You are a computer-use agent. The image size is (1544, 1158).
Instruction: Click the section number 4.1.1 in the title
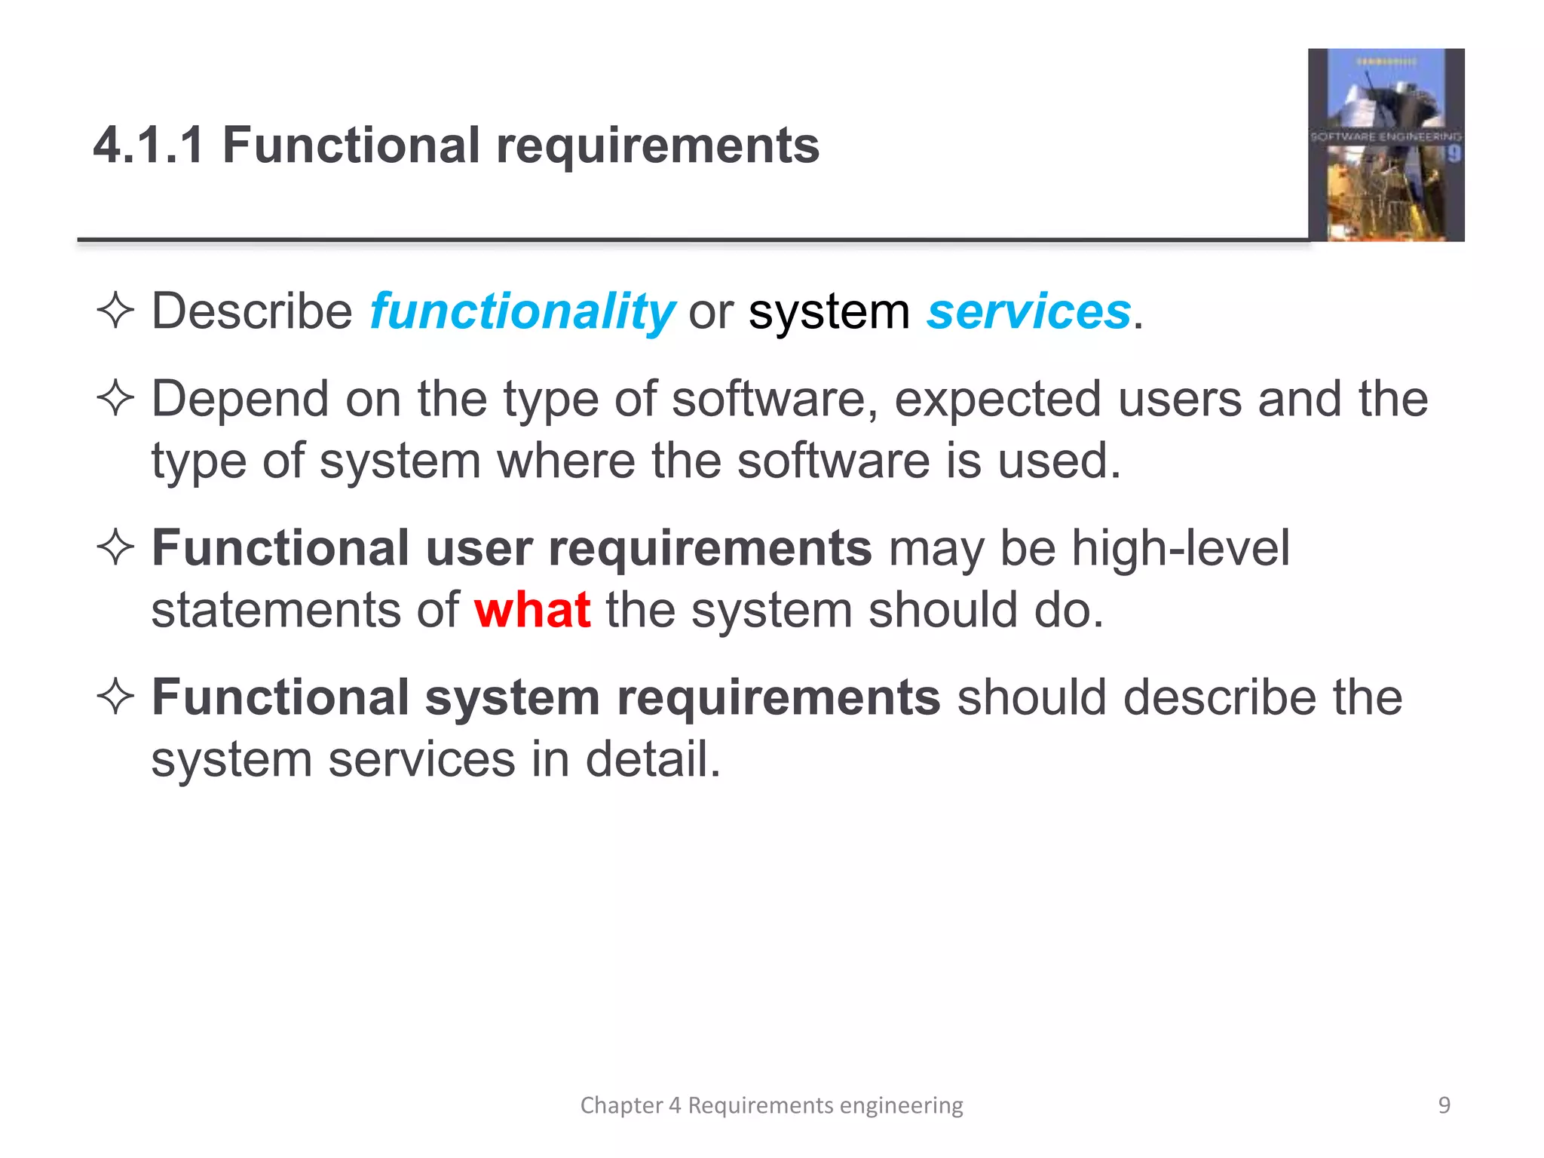[149, 145]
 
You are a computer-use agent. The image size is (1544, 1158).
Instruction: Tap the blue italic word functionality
[522, 311]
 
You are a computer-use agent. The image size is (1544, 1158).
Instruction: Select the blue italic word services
[1029, 311]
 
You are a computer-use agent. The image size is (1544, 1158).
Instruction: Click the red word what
[532, 610]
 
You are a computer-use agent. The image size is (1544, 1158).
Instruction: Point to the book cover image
[1386, 145]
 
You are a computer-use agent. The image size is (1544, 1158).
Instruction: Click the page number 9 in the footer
[1444, 1105]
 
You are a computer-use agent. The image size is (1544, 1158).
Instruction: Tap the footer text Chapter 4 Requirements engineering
[771, 1105]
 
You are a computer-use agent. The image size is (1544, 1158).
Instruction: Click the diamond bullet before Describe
[115, 311]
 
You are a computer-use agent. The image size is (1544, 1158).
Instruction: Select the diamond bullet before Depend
[115, 398]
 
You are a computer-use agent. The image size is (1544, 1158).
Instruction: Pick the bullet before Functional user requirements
[115, 548]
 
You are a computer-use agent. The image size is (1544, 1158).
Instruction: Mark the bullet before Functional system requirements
[115, 697]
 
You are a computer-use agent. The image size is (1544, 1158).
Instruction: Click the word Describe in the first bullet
[252, 311]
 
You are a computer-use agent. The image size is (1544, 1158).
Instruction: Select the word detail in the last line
[652, 759]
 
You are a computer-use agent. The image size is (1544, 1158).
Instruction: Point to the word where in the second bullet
[565, 461]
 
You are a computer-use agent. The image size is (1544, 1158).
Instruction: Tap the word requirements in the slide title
[657, 146]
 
